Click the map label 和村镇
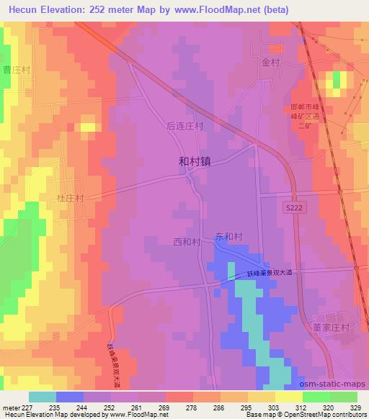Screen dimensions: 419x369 [x=194, y=163]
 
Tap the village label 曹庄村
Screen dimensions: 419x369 [x=16, y=70]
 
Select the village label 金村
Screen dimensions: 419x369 [x=270, y=63]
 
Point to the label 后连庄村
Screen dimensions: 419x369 [x=184, y=125]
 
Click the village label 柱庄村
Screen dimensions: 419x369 [x=71, y=197]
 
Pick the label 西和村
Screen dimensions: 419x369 [x=187, y=242]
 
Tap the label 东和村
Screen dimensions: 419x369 [x=227, y=236]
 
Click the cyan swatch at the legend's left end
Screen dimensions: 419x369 [x=43, y=397]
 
